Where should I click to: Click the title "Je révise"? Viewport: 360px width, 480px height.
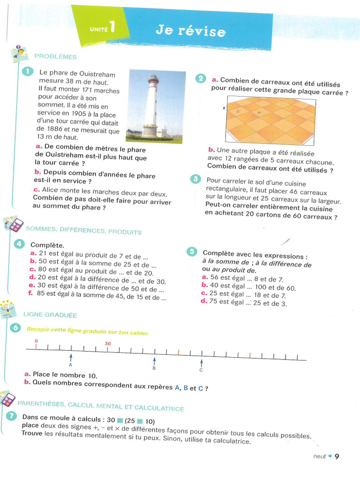point(190,31)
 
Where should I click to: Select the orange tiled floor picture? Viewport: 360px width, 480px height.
point(270,120)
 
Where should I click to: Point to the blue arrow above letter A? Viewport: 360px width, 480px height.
point(71,357)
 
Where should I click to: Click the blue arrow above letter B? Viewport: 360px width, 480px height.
point(154,361)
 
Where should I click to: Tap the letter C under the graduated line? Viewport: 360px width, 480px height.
point(201,370)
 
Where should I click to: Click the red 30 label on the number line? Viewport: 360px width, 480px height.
point(108,344)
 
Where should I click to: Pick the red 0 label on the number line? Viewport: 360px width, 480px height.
point(36,341)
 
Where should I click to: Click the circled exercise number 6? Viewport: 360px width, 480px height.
point(16,329)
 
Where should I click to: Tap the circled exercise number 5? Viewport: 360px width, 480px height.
point(192,252)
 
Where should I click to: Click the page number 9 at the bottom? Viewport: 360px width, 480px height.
point(337,456)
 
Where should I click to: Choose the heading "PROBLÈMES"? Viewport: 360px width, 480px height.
point(55,57)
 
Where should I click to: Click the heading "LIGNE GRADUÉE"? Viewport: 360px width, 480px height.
point(50,315)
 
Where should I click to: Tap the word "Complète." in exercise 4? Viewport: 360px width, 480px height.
point(47,245)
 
